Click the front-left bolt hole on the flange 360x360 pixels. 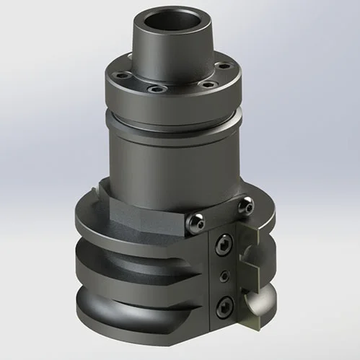click(x=152, y=90)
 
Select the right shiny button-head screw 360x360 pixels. click(x=248, y=207)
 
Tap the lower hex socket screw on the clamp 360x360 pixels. click(x=225, y=304)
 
